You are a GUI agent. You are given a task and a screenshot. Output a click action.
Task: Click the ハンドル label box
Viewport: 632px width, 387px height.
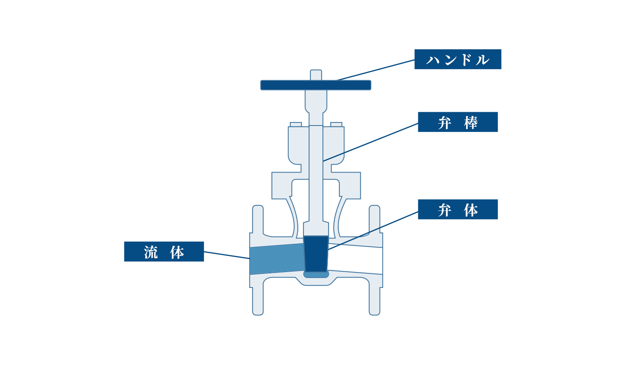(458, 59)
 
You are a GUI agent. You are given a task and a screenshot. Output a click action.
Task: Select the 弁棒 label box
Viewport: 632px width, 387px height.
(458, 122)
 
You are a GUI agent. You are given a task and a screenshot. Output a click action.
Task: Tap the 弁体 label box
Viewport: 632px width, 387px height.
(458, 209)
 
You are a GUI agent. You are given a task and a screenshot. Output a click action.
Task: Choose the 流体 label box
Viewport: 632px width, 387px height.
(164, 251)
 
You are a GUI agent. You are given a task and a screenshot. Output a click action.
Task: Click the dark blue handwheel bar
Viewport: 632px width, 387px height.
(316, 85)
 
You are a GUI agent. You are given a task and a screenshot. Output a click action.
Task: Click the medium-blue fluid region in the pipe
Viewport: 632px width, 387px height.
(276, 259)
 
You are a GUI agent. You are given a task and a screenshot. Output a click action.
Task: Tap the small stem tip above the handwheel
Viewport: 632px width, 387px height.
(316, 75)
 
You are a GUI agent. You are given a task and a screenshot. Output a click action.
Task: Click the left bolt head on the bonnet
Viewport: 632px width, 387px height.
(296, 124)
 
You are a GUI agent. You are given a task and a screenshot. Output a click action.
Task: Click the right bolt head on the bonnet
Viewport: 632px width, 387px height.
(336, 124)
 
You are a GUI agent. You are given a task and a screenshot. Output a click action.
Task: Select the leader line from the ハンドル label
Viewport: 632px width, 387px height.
(376, 70)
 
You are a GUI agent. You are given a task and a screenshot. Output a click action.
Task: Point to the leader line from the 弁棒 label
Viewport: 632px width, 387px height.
(371, 142)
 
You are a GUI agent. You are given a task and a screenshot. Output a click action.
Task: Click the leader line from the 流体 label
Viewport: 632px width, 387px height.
(227, 255)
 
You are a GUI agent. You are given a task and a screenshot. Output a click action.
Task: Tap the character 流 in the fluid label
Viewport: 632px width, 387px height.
(151, 252)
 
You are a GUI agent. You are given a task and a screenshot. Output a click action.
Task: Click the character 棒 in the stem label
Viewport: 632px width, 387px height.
(471, 122)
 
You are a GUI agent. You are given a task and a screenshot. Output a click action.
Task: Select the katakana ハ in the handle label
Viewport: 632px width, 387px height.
(433, 60)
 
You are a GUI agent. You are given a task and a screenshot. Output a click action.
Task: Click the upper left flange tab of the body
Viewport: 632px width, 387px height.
(258, 220)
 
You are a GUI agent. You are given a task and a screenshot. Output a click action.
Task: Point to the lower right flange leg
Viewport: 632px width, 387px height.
(374, 301)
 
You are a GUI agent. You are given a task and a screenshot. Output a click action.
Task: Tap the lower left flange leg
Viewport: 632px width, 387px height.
(258, 301)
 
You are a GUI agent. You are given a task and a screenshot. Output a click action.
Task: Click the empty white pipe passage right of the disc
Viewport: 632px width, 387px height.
(355, 259)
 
